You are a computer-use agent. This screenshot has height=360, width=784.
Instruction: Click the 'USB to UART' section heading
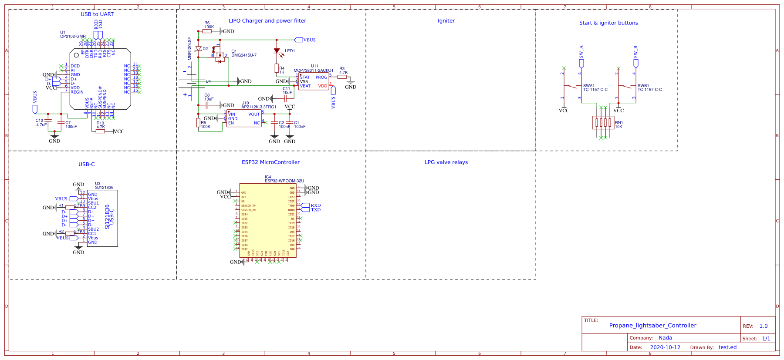pos(97,14)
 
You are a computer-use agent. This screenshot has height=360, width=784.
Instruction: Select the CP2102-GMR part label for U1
pos(73,37)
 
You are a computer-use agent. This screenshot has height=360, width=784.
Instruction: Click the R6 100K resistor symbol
pos(207,31)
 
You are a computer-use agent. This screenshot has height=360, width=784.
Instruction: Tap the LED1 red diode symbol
pos(277,51)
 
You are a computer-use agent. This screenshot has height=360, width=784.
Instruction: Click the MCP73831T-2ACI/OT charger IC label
pos(314,71)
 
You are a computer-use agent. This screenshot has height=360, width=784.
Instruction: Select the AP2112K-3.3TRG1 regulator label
pos(259,107)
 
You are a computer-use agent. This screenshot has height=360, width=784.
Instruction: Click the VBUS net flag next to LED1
pos(299,40)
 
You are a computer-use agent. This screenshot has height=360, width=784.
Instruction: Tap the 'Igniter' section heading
pos(446,21)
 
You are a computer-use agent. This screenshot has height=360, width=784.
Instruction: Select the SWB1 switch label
pos(643,86)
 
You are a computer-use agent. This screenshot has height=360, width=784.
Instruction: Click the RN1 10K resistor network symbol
pos(603,123)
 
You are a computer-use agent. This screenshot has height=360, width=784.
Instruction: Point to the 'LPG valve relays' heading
pos(446,162)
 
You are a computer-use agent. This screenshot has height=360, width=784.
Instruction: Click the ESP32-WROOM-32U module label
pos(284,181)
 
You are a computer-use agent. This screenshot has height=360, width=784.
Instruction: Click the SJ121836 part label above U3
pos(104,188)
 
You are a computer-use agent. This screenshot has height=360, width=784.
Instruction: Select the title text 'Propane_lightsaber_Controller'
pos(652,326)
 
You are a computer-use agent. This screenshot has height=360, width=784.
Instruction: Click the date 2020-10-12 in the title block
pos(665,347)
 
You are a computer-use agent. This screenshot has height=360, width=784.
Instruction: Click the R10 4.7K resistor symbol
pos(101,131)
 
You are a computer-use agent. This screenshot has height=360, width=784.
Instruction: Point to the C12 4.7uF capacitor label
pos(41,123)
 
